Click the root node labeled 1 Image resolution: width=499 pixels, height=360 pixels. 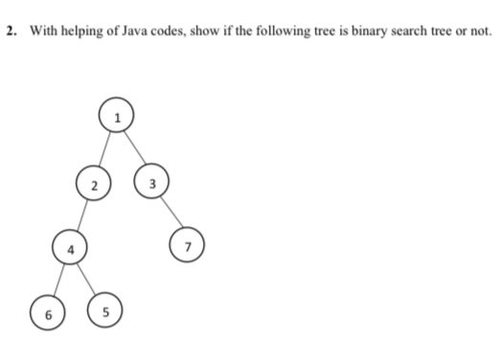coord(116,118)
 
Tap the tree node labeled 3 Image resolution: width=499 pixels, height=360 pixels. coord(151,181)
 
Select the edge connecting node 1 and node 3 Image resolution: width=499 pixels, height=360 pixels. coord(133,148)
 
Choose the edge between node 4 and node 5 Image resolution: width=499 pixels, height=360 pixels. coord(86,279)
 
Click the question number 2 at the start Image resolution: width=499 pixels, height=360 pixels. coord(10,31)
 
